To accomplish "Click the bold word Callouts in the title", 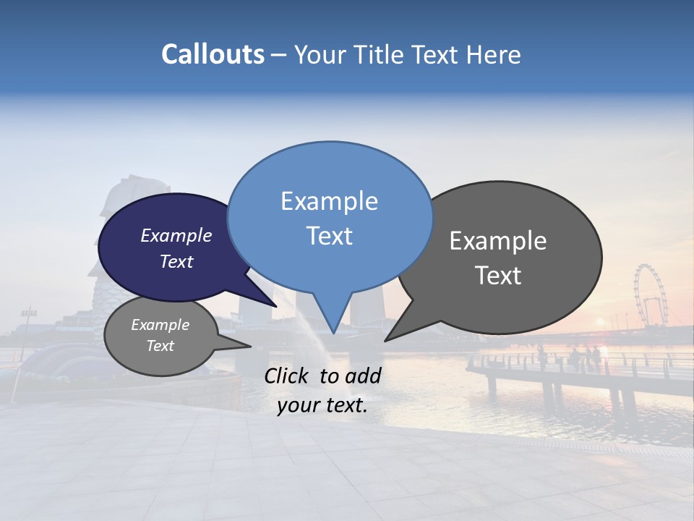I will click(213, 55).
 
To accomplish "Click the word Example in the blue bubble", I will click(329, 201).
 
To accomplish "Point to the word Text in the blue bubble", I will click(329, 236).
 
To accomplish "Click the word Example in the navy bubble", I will click(176, 235).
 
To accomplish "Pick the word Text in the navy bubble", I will click(176, 261).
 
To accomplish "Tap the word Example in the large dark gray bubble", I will click(498, 241).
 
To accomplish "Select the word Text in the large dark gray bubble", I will click(498, 276).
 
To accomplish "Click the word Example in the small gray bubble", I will click(160, 325).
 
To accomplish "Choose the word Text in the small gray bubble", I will click(160, 346).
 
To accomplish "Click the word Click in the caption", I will click(288, 376).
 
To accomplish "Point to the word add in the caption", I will click(364, 376).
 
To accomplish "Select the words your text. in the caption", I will click(322, 406).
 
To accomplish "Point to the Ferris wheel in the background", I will click(649, 295).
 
